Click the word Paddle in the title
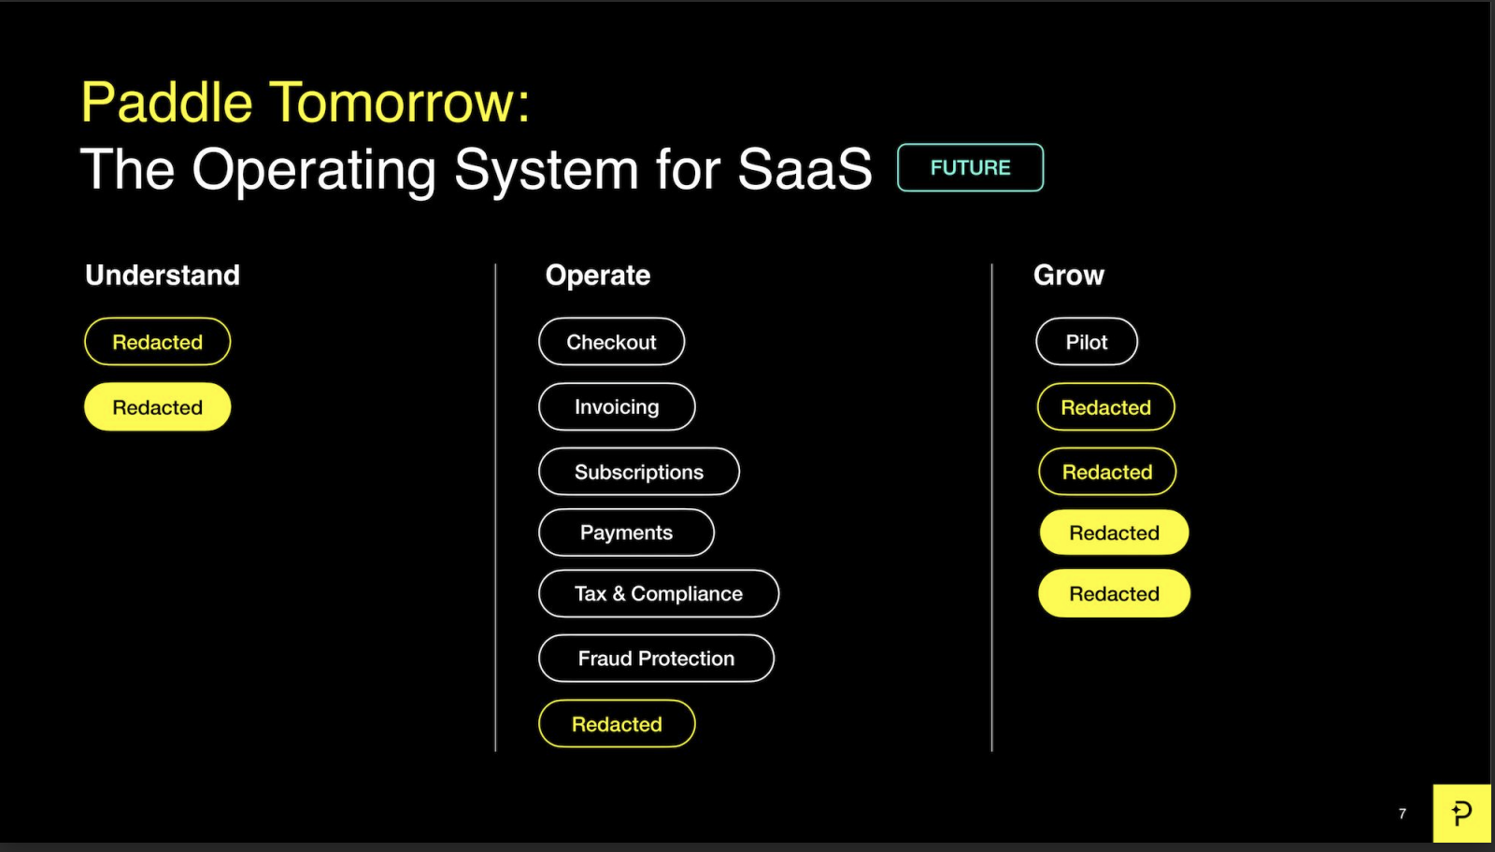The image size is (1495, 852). (167, 102)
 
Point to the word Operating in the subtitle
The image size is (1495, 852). (314, 171)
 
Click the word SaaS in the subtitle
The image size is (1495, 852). (804, 169)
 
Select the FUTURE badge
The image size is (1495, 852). (971, 167)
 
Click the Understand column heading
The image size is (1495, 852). (163, 275)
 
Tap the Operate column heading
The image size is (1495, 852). (597, 276)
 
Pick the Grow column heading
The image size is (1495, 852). (1069, 275)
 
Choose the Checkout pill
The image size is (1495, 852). (611, 342)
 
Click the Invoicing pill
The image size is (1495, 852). (617, 406)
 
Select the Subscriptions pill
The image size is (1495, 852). (639, 472)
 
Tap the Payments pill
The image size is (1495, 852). (626, 532)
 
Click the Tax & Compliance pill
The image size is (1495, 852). (658, 593)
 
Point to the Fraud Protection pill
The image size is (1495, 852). (656, 659)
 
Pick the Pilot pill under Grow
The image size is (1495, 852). (1087, 342)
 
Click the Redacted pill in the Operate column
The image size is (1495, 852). (617, 724)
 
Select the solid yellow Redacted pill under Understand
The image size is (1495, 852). (158, 406)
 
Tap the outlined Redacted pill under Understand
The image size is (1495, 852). (158, 342)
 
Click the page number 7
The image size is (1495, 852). (1402, 814)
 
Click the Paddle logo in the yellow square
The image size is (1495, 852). (1461, 814)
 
